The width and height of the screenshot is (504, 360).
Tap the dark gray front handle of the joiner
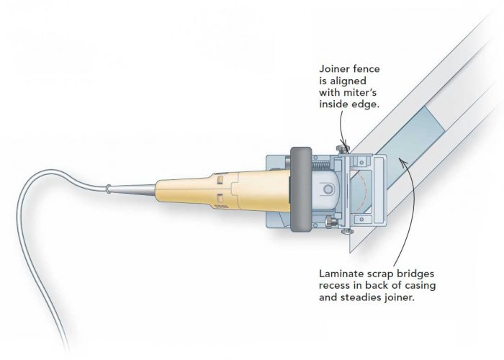point(300,190)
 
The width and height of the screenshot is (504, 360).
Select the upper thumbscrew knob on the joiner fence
point(343,148)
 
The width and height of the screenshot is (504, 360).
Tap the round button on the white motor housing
point(328,189)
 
